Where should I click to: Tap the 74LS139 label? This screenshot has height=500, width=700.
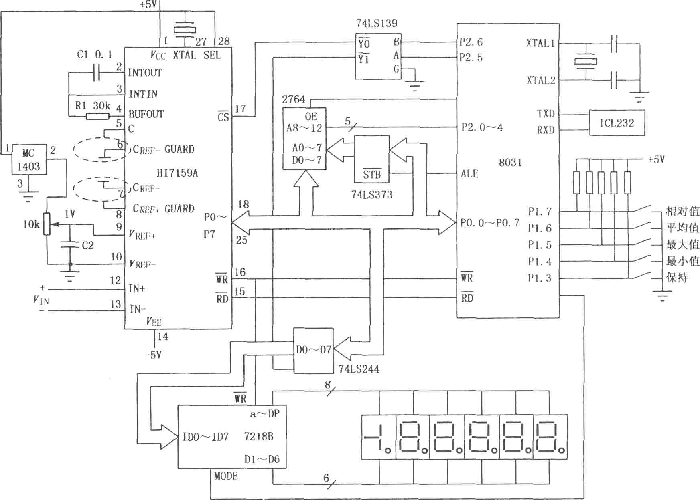[377, 23]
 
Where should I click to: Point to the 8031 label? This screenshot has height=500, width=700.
[510, 163]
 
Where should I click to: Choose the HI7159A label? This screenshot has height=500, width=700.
[177, 173]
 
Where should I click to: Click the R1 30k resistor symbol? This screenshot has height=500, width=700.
[97, 117]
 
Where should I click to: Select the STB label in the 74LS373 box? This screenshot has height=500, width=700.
[372, 174]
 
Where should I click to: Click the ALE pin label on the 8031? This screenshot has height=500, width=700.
[469, 174]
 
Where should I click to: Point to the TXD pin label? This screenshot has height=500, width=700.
[546, 114]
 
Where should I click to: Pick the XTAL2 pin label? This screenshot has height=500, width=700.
[541, 80]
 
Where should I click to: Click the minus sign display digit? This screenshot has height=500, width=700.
[378, 437]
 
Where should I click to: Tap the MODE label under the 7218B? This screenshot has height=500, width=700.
[226, 476]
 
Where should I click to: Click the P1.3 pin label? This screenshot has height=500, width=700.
[540, 278]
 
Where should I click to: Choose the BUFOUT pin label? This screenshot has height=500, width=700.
[146, 114]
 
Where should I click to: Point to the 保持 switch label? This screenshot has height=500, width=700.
[677, 278]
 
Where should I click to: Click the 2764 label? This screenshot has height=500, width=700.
[293, 99]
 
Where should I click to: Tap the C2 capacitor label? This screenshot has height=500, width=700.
[87, 245]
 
